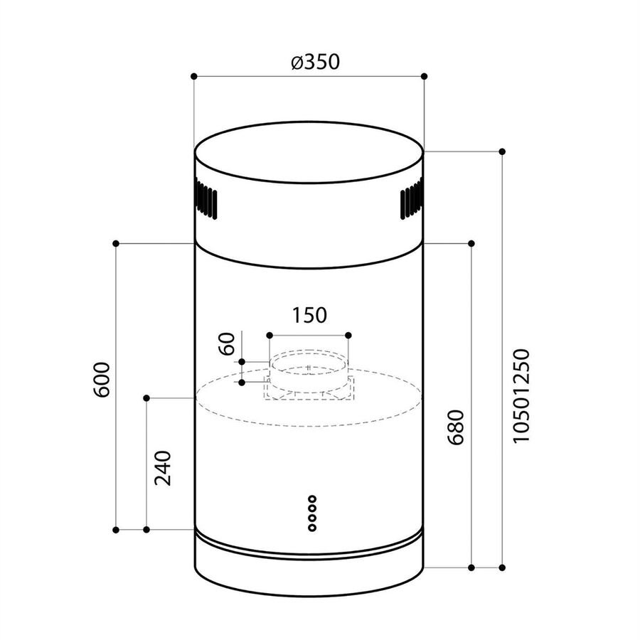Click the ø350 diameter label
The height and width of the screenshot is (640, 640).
click(x=316, y=62)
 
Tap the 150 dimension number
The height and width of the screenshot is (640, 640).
click(x=309, y=315)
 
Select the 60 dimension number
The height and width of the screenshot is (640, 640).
click(x=228, y=343)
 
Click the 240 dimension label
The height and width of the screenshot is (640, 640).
click(x=163, y=468)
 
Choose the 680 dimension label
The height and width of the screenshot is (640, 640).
click(x=456, y=427)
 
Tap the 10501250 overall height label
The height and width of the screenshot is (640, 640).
click(x=521, y=395)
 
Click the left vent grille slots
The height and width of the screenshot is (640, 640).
click(x=206, y=199)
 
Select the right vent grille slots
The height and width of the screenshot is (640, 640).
click(x=412, y=199)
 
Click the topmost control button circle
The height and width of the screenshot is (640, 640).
click(x=312, y=498)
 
